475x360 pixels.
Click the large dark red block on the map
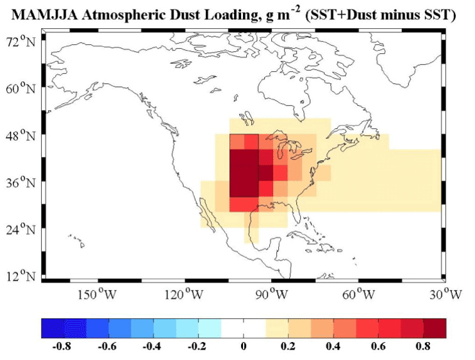click(244, 173)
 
